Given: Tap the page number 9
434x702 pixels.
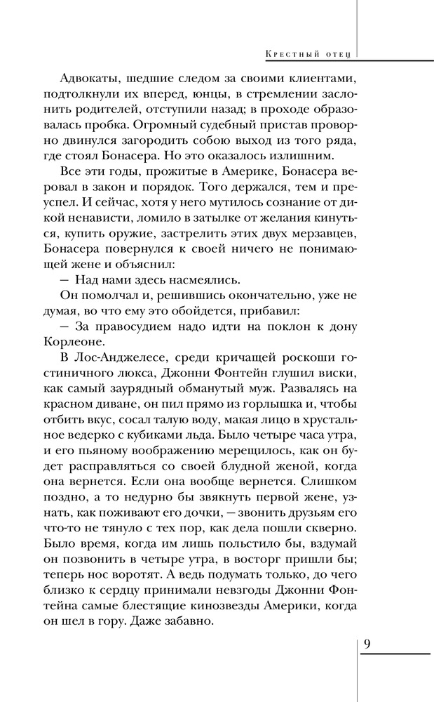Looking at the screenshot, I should [367, 644].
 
